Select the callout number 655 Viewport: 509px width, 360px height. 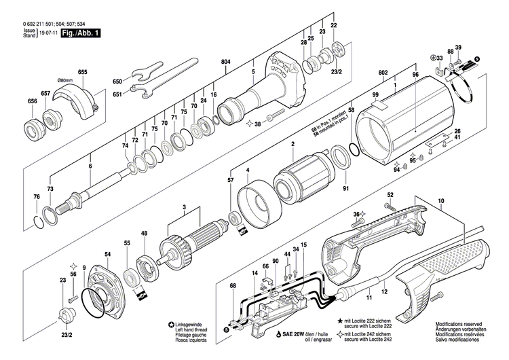pyautogui.click(x=82, y=72)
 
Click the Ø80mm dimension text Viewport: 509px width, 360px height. pyautogui.click(x=64, y=80)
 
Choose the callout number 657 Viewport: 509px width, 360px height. pyautogui.click(x=45, y=92)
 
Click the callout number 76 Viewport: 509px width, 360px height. pyautogui.click(x=37, y=197)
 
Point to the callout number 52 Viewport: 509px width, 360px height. pyautogui.click(x=390, y=196)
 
